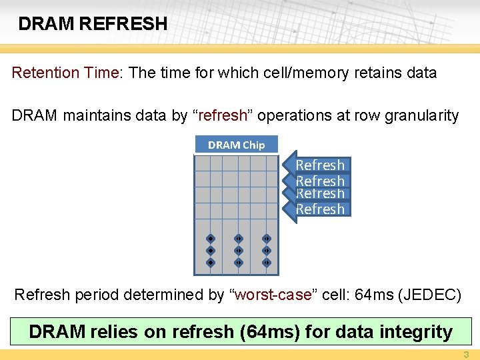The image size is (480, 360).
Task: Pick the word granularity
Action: point(420,115)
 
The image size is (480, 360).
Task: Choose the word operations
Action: point(291,115)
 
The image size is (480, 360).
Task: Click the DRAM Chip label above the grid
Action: point(236,145)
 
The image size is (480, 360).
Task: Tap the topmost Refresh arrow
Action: point(319,165)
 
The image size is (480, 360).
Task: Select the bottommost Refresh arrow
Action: point(319,209)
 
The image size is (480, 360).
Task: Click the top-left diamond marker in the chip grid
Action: point(209,238)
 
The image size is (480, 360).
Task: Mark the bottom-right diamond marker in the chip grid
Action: point(265,262)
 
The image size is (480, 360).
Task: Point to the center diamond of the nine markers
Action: point(237,250)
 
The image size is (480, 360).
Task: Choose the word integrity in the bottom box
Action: point(413,331)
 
